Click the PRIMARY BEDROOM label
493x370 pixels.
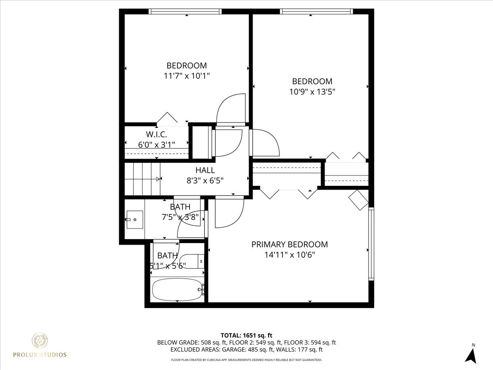click(x=290, y=245)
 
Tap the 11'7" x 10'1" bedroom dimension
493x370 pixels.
click(x=187, y=76)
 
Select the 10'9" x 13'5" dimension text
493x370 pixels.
click(x=312, y=92)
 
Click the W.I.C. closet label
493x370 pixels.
click(x=156, y=134)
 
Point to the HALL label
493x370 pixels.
click(x=205, y=170)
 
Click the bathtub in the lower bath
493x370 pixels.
click(x=177, y=290)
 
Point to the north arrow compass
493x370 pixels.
click(x=471, y=354)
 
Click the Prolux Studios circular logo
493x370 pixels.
click(x=41, y=341)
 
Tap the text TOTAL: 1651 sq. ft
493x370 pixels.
click(x=246, y=335)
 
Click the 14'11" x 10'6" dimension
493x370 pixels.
click(x=290, y=255)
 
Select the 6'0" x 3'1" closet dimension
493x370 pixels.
click(x=156, y=144)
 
